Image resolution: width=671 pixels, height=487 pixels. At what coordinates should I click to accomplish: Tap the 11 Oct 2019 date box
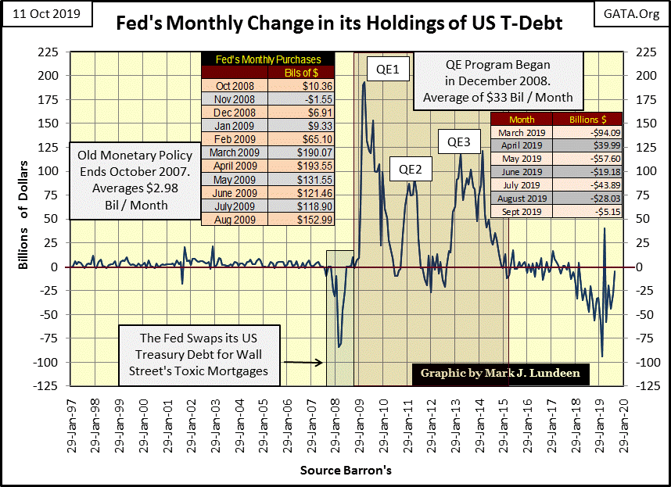[45, 14]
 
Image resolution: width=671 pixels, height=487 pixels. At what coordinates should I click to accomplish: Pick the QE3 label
[459, 141]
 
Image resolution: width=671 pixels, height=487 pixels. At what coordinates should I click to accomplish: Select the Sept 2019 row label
[521, 211]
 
